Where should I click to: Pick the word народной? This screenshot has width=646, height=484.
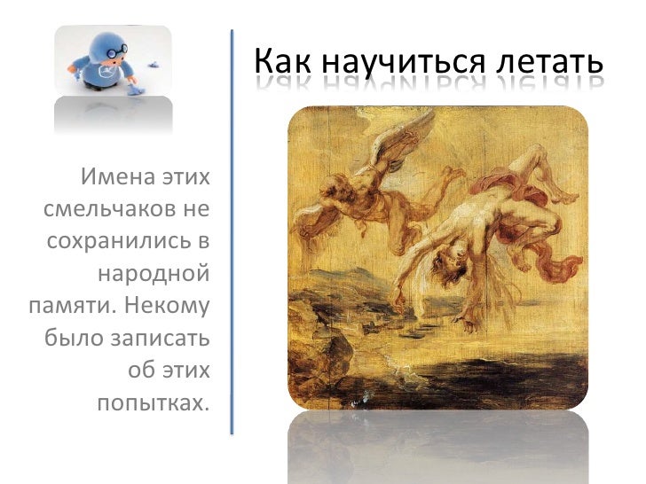154,275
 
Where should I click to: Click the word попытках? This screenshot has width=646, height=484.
152,404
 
